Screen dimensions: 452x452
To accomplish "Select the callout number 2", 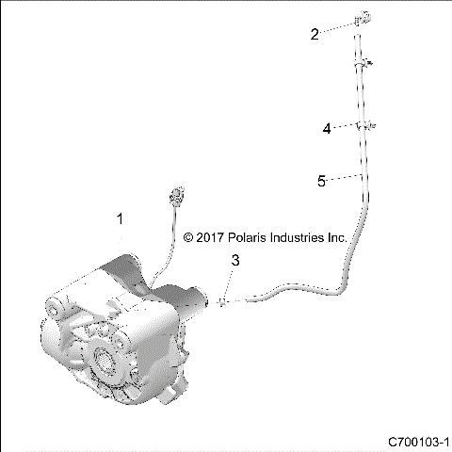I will tap(315, 34).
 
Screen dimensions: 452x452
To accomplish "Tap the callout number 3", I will tap(236, 260).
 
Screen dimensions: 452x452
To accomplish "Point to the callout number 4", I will tap(327, 129).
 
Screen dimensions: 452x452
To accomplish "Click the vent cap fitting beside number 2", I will tap(360, 20).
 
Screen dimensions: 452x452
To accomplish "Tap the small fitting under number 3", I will tap(222, 301).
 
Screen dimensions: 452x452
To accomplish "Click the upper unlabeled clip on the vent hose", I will tap(362, 63).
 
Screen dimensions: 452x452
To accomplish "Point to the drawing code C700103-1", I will tap(418, 440).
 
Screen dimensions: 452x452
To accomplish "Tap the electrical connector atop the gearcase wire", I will tap(172, 198).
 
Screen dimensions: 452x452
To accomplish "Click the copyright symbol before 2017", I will tap(188, 239).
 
